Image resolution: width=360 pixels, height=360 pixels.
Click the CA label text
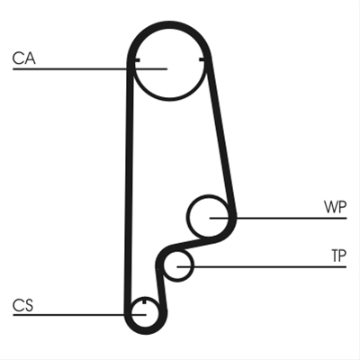(24, 58)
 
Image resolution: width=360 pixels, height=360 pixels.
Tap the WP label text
(335, 207)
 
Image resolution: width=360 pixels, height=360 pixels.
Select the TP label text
(338, 256)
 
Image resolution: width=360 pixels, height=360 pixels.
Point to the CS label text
(22, 305)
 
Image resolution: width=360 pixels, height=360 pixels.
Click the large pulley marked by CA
(169, 100)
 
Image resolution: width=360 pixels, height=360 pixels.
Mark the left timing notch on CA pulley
(136, 61)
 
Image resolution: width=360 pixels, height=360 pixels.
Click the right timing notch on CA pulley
(203, 61)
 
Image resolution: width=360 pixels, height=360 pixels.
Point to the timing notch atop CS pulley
(144, 301)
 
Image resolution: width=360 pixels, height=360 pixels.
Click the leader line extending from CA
(90, 69)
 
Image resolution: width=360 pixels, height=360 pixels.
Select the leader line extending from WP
(278, 218)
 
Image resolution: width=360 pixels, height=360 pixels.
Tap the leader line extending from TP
(262, 266)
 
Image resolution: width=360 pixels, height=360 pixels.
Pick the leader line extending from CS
(79, 315)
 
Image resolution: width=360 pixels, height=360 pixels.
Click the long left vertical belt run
(129, 186)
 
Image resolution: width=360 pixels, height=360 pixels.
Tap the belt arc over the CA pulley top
(169, 24)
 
